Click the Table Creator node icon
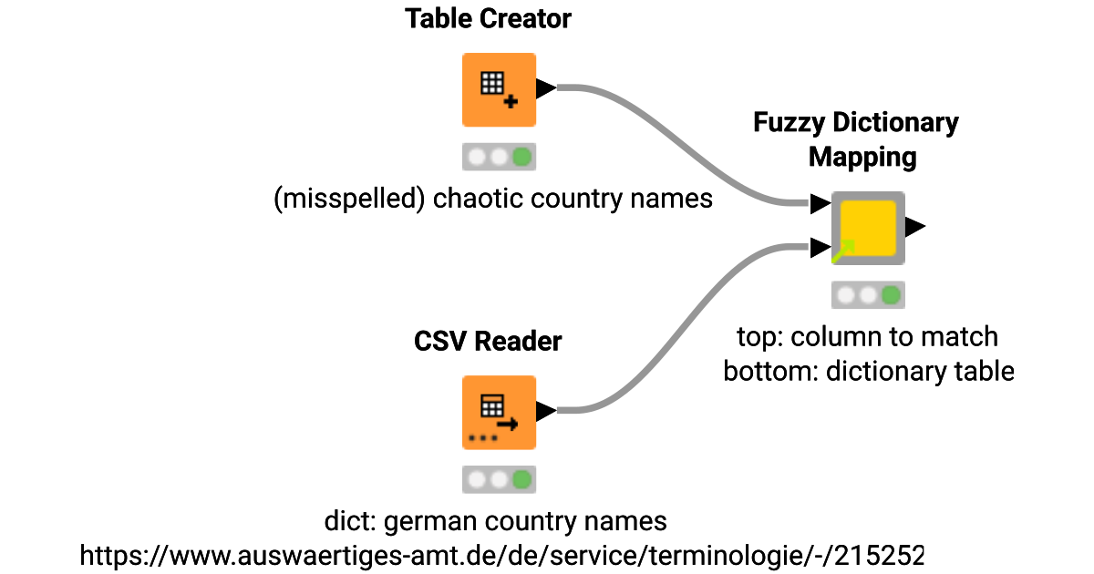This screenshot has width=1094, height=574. (499, 89)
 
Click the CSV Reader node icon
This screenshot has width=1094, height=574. (499, 412)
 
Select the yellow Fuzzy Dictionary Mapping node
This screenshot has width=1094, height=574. (868, 228)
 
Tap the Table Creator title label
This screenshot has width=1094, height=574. (489, 19)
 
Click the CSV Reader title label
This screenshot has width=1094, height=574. (488, 342)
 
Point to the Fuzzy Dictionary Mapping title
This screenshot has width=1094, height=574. (856, 139)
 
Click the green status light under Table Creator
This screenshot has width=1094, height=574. (521, 157)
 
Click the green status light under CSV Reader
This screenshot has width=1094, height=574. (521, 479)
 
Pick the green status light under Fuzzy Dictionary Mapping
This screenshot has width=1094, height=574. (891, 295)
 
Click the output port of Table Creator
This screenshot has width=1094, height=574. (546, 88)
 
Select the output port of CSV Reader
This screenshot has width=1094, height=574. (546, 412)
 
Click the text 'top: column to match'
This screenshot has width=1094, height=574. (867, 337)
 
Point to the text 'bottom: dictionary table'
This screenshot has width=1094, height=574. (868, 372)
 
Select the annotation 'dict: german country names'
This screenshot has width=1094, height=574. (496, 522)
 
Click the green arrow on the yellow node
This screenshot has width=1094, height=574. (843, 250)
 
